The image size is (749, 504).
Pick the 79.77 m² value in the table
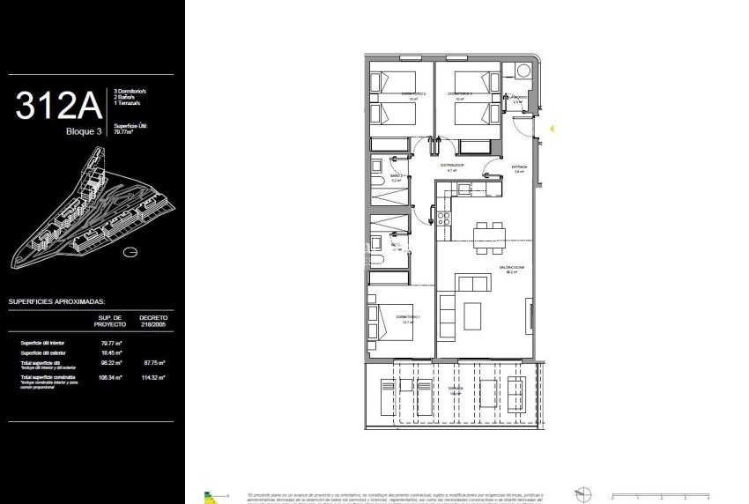(x=111, y=343)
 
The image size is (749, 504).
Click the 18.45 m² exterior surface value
(x=111, y=352)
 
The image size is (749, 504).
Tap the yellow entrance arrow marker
(x=552, y=129)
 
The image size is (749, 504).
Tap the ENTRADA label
(x=519, y=167)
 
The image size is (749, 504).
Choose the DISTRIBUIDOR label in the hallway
(x=452, y=165)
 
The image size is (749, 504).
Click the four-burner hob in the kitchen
(x=446, y=216)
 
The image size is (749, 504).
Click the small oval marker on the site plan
(x=130, y=252)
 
